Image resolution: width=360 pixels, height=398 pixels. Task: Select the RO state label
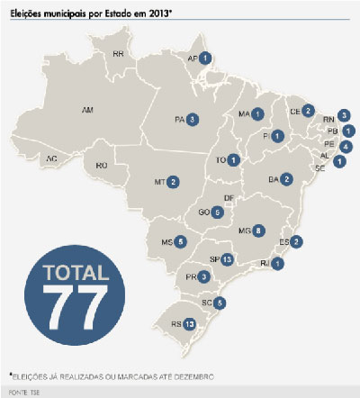[102, 165]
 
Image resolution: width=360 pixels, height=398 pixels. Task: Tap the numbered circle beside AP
[206, 59]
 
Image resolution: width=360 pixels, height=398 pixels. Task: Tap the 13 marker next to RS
[189, 323]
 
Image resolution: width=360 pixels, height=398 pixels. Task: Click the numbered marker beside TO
[234, 160]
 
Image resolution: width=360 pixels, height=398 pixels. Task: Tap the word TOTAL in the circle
[69, 271]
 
